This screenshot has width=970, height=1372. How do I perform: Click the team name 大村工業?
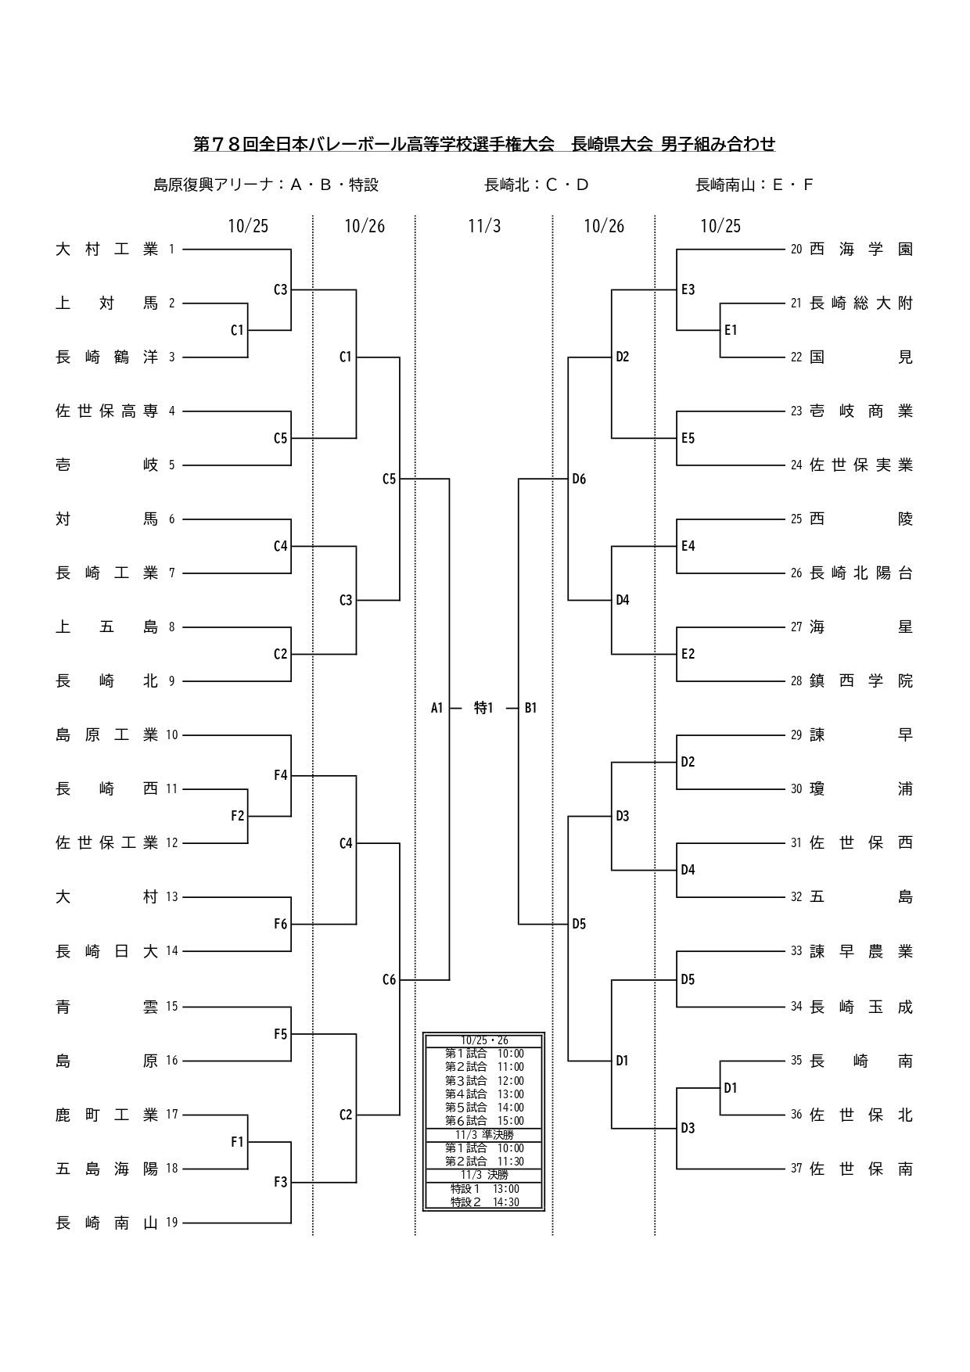tap(106, 250)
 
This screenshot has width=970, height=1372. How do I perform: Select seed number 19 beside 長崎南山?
tap(172, 1223)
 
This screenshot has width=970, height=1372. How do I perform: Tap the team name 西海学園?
tap(861, 250)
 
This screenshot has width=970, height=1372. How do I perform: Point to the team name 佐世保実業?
tap(861, 465)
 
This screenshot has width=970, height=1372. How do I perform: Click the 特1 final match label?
tap(483, 708)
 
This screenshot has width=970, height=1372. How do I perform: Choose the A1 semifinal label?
tap(436, 708)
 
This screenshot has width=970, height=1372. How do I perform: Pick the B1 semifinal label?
tap(530, 708)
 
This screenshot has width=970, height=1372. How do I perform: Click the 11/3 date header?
tap(484, 226)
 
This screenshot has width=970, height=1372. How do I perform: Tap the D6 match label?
tap(579, 479)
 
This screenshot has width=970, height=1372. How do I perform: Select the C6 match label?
tap(389, 979)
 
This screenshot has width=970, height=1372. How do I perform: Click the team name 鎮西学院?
tap(861, 681)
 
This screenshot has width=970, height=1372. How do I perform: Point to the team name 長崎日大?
tap(106, 951)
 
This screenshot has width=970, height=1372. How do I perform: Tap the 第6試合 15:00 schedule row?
tap(484, 1121)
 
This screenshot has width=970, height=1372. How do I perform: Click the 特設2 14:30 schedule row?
tap(484, 1202)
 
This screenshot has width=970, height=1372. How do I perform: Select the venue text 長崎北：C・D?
tap(537, 185)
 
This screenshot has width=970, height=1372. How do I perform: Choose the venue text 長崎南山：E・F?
tap(755, 185)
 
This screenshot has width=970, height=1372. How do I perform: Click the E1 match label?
tap(731, 330)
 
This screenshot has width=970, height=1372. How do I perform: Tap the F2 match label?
tap(237, 816)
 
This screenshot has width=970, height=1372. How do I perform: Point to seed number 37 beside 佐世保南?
tap(796, 1169)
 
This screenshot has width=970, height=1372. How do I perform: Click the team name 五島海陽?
tap(106, 1169)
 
